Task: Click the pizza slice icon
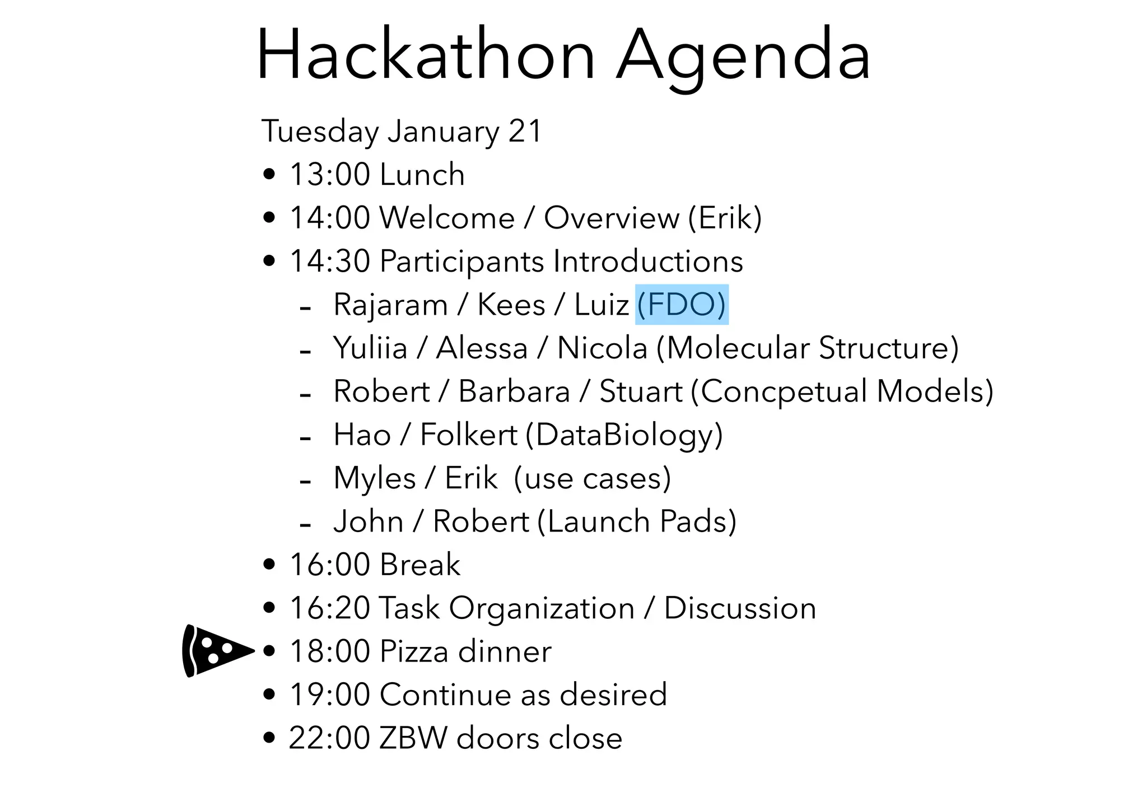click(x=216, y=651)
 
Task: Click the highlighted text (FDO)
click(x=682, y=305)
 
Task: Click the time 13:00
click(x=329, y=174)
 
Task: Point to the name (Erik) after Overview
click(x=725, y=217)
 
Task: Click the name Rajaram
click(x=390, y=305)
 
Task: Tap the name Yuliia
click(x=370, y=348)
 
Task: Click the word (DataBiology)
click(x=624, y=435)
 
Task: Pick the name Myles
click(x=374, y=478)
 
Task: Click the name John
click(x=368, y=521)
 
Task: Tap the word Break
click(x=420, y=565)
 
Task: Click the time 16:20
click(x=329, y=608)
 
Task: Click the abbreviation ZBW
click(x=413, y=738)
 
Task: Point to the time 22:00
click(x=329, y=738)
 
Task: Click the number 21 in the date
click(x=525, y=132)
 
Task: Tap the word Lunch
click(x=422, y=174)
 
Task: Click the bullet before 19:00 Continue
click(x=269, y=695)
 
